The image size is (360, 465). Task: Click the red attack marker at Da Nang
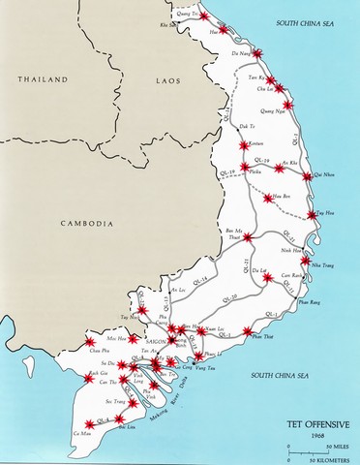(256, 53)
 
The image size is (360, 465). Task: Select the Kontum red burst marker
(245, 146)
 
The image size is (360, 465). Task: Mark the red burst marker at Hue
(224, 30)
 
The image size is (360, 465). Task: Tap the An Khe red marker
(280, 168)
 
